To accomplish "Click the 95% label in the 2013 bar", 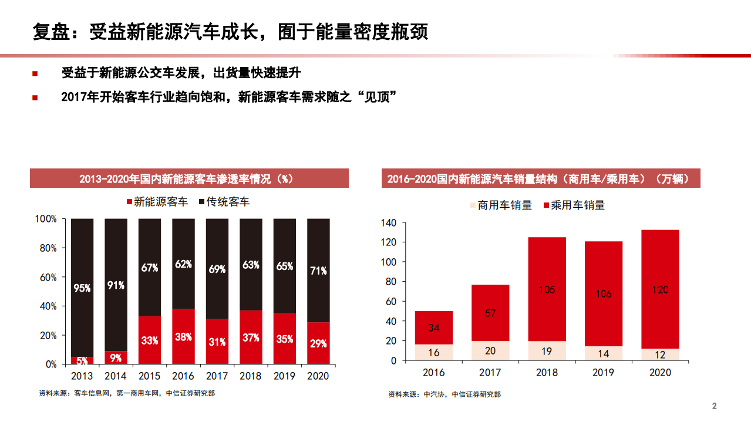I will point(82,288).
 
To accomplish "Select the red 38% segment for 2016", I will point(183,337).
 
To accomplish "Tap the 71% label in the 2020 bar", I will point(318,271).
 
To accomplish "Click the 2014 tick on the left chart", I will point(116,376).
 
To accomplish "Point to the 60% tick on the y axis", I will point(46,277).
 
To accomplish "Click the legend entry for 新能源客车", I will point(157,202).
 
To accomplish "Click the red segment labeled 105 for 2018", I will point(547,289).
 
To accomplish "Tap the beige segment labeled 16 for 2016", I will point(433,352).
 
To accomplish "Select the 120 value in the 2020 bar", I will point(660,289).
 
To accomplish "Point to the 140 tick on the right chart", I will point(389,223).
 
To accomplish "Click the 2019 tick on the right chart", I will point(604,372).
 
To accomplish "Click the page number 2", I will point(715,406).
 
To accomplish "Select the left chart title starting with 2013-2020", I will point(189,178).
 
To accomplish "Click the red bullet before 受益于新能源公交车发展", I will point(35,73).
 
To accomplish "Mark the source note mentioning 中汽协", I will point(444,394).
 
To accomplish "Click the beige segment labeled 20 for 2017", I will point(490,351).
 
